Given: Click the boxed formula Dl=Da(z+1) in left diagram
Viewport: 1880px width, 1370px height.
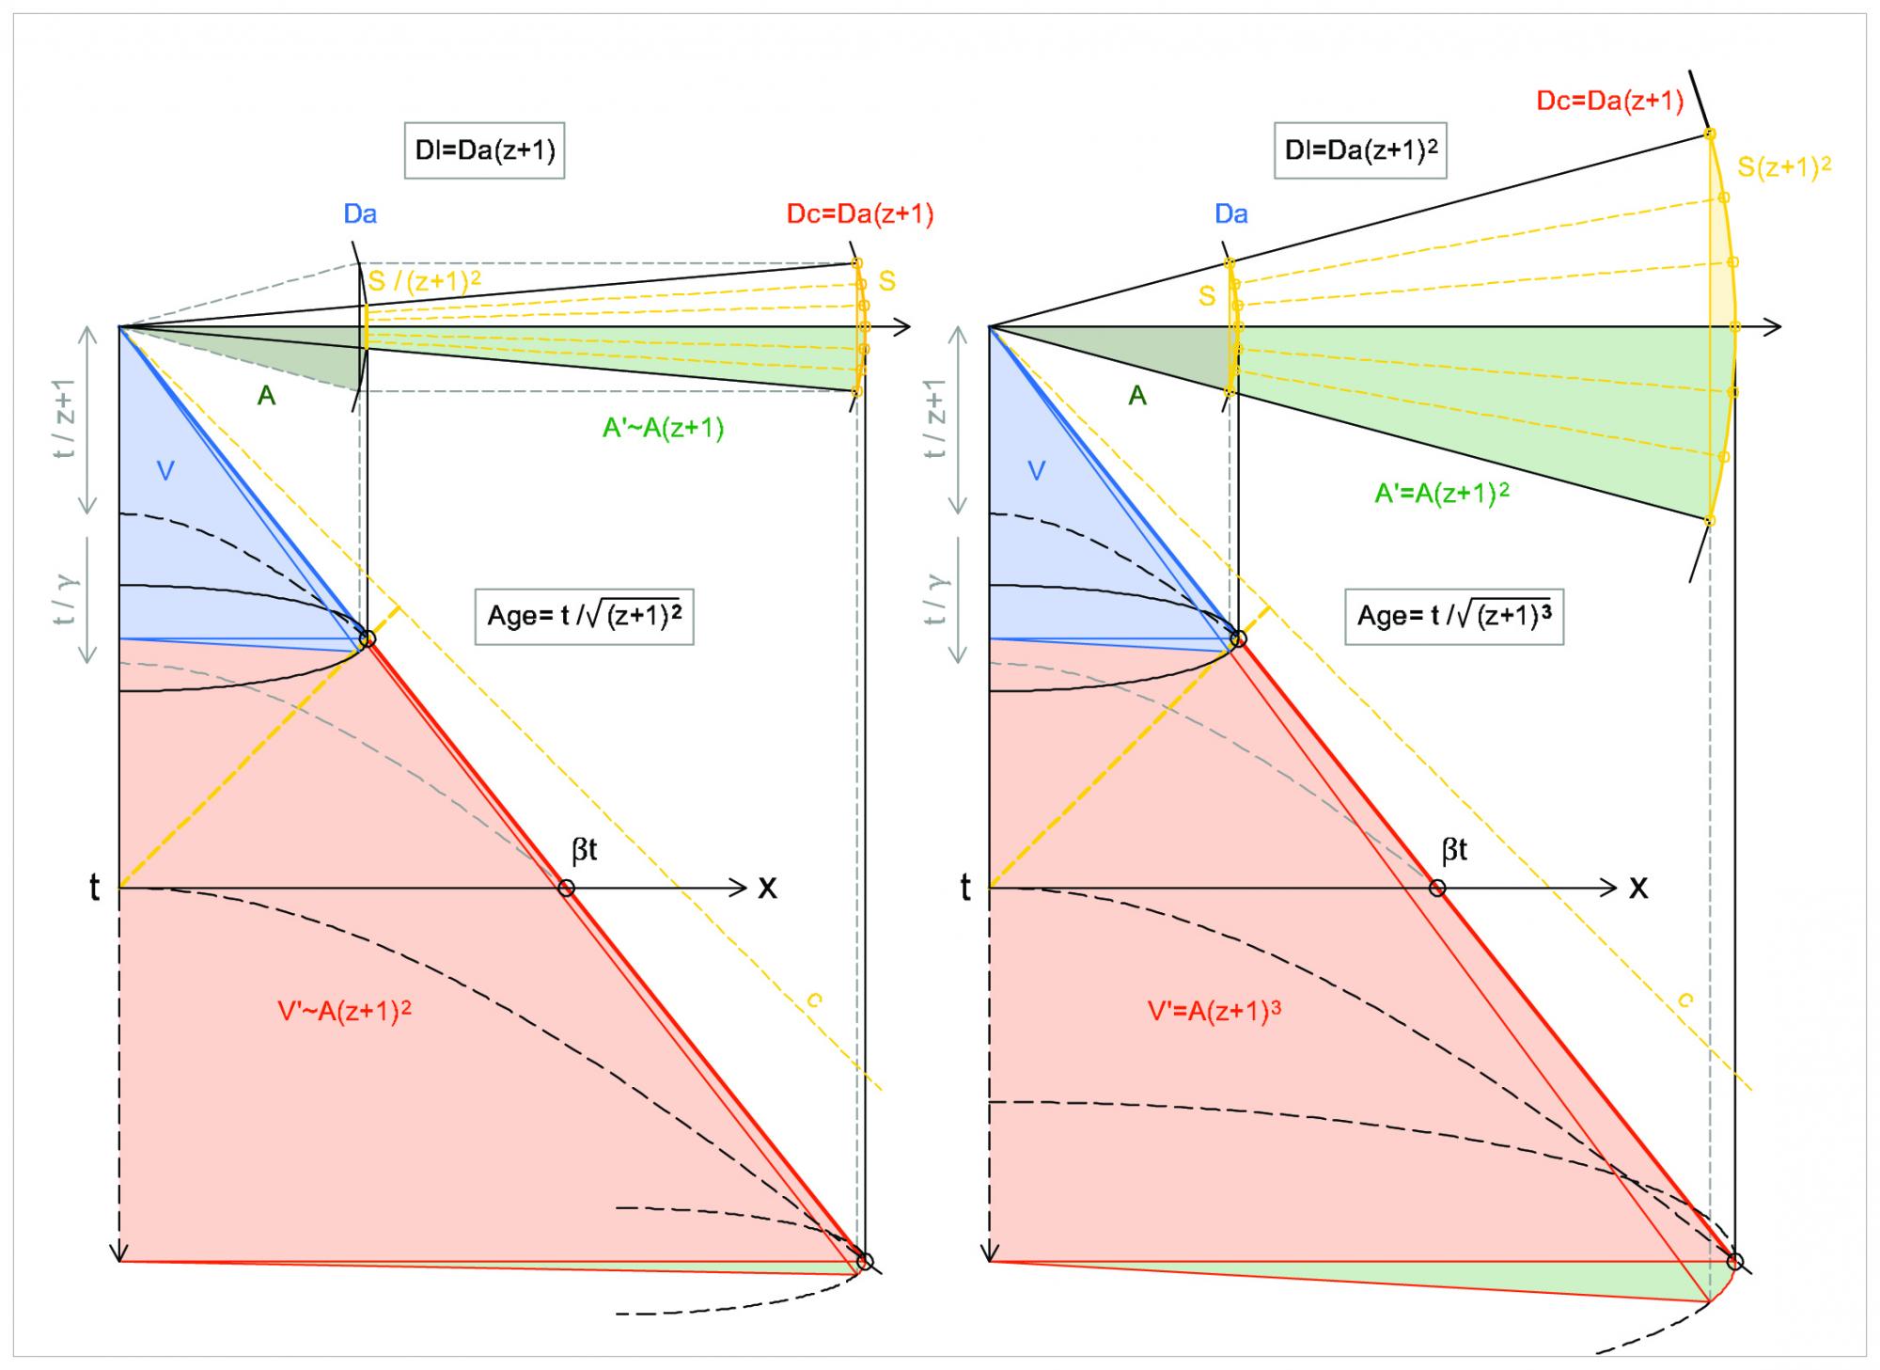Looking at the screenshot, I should [484, 150].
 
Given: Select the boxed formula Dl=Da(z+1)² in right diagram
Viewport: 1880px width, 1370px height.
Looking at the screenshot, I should [1359, 150].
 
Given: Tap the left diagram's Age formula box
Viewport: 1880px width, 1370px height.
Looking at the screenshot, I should [584, 616].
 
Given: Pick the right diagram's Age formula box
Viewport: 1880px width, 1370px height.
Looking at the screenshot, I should [1454, 616].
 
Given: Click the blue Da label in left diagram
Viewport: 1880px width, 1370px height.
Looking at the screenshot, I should [360, 214].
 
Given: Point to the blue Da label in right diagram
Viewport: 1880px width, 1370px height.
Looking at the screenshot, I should [1231, 214].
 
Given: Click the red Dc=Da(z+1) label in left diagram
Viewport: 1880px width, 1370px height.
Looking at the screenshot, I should [860, 214].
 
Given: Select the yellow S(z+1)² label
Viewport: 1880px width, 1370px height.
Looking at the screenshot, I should [1784, 167].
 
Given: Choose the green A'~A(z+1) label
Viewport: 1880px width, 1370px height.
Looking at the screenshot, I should [663, 429].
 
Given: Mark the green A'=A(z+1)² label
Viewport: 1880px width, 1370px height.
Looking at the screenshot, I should [1442, 493].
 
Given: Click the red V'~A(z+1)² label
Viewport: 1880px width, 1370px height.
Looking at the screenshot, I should [344, 1011].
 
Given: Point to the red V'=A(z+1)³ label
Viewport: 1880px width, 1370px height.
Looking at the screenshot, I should [1214, 1011].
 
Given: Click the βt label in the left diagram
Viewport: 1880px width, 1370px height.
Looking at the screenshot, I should [584, 851].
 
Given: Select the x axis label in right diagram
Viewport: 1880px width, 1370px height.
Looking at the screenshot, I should [1638, 887].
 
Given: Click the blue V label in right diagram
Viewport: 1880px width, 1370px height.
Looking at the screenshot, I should [1036, 470].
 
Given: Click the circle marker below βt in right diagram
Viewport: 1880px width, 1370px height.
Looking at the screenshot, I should [1436, 888].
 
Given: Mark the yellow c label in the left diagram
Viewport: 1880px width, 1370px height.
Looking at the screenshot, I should [814, 1000].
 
